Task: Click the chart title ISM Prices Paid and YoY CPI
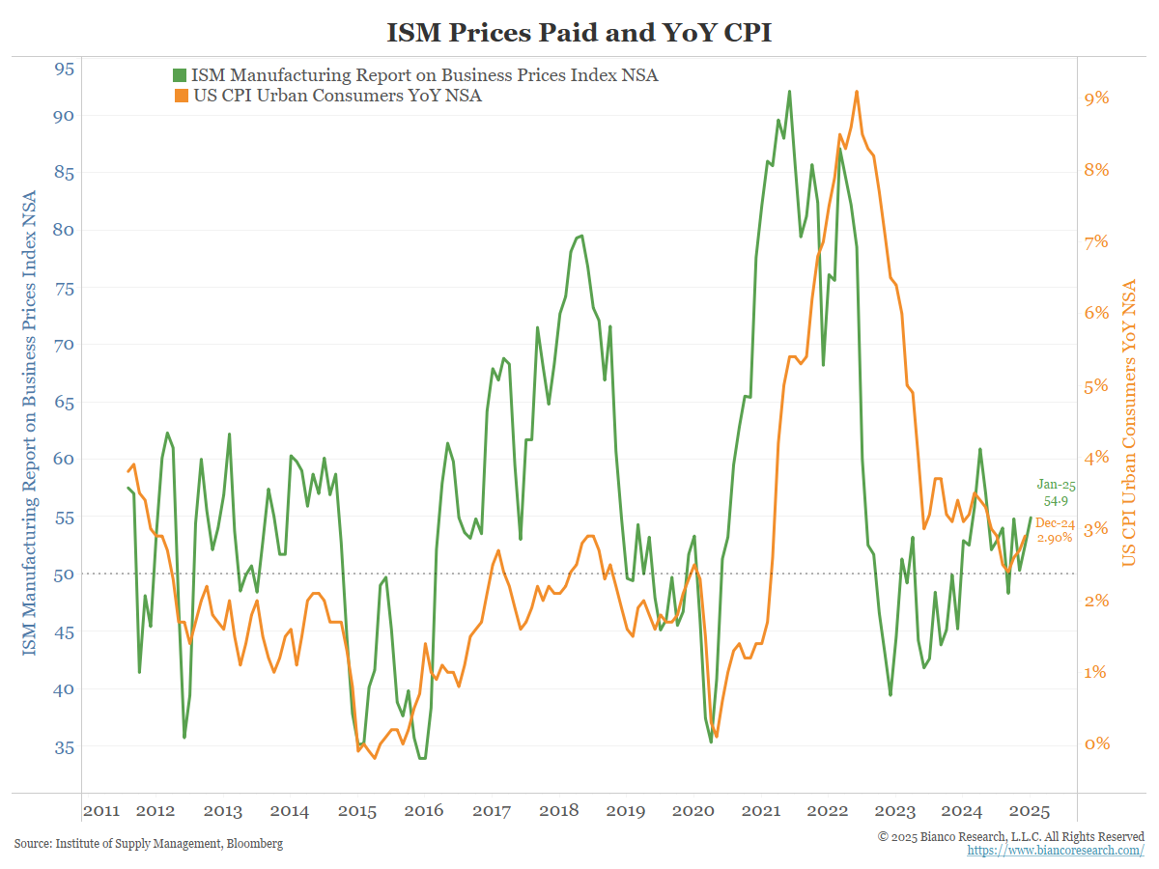579,33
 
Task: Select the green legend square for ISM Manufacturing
180,75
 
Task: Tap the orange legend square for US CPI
180,96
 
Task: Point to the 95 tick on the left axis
65,69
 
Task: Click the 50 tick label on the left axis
65,574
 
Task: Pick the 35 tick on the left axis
65,746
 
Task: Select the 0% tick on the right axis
1097,743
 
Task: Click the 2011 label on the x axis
100,811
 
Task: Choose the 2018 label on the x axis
558,811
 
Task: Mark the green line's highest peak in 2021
789,92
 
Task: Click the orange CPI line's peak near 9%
857,92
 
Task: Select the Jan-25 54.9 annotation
1056,493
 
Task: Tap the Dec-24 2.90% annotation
1054,529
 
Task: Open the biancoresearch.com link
1056,850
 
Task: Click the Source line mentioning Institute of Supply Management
149,844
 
